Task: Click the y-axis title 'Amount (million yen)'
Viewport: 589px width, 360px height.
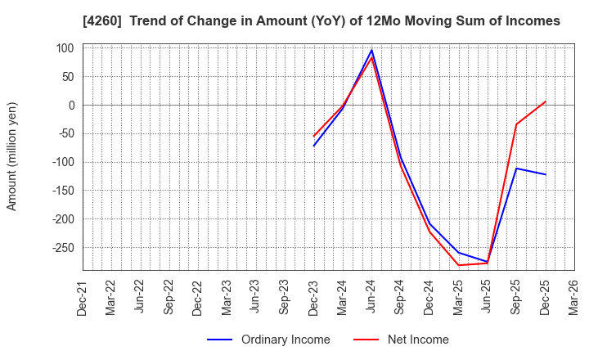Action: point(12,156)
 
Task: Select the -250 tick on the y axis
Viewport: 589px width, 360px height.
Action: point(62,248)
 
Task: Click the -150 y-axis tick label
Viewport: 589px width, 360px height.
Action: point(62,191)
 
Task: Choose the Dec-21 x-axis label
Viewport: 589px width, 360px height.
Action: point(83,299)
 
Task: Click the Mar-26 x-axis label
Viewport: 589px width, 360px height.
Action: point(574,299)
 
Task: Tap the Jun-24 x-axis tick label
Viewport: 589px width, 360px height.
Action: point(371,299)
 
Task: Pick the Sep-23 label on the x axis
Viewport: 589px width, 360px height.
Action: point(285,299)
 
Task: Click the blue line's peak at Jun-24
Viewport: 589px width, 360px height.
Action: point(371,50)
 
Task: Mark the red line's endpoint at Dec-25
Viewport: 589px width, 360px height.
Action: point(545,101)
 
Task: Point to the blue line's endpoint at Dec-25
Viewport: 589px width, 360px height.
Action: point(545,174)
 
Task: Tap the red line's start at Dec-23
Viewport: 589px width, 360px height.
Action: point(314,136)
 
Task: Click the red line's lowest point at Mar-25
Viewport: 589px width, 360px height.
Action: point(458,265)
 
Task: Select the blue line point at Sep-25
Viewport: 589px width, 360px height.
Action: point(516,169)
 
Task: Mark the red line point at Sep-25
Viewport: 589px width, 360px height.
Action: point(516,124)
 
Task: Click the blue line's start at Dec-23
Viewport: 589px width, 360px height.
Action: point(314,146)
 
